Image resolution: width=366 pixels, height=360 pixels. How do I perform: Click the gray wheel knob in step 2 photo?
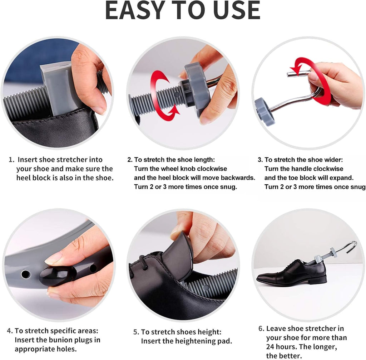click(196, 91)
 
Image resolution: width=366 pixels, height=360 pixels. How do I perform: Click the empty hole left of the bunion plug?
click(25, 274)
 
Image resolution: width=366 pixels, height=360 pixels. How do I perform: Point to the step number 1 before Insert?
click(11, 160)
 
